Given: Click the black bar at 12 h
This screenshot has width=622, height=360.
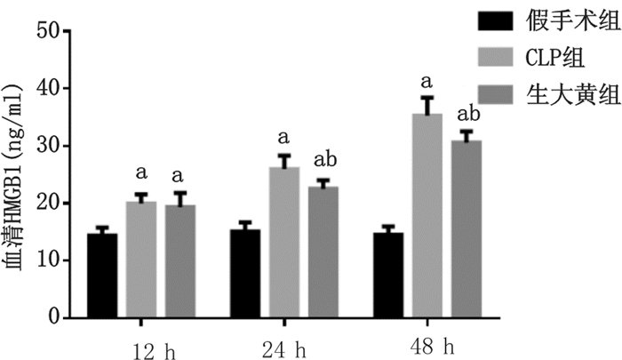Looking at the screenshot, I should (x=102, y=276).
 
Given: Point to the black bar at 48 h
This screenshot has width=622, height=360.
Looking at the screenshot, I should (x=388, y=275).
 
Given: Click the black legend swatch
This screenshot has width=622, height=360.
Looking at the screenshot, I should (x=495, y=20).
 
